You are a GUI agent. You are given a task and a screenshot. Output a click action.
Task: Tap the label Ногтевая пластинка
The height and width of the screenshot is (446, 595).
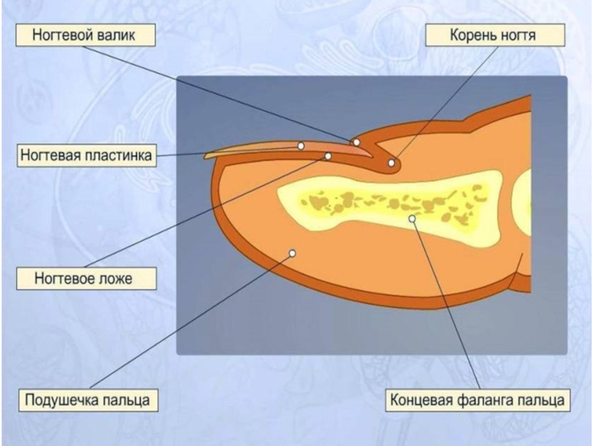point(86,156)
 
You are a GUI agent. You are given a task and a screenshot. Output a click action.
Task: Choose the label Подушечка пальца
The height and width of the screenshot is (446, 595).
point(88,400)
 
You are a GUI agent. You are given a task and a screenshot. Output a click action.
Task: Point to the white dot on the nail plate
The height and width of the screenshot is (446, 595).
point(301,146)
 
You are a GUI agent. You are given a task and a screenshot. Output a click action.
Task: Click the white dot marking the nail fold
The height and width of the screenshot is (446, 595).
point(356,142)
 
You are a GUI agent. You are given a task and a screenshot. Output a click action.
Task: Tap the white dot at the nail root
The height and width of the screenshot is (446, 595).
point(391,163)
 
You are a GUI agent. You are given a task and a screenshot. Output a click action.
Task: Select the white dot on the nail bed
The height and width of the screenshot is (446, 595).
point(328,156)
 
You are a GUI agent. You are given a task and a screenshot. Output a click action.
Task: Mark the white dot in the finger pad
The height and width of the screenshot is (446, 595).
point(292,253)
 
